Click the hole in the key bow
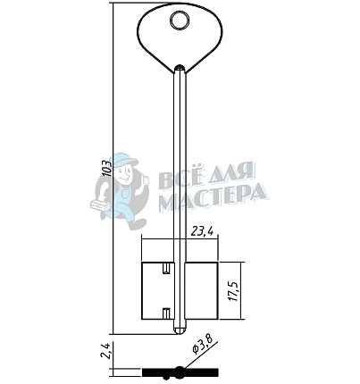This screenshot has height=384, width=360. pos(180,21)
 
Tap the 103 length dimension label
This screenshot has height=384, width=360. pos(106,168)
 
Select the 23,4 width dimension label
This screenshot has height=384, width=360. pos(203,230)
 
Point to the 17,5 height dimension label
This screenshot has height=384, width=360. pos(234,290)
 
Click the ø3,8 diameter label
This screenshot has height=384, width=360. pos(204,346)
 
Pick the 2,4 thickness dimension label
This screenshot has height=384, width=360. pos(107,350)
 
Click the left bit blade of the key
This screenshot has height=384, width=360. pos(157,291)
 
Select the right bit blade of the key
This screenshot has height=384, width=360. pos(202,291)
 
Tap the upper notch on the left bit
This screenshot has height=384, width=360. pos(166,268)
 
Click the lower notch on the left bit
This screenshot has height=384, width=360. pos(166,313)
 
